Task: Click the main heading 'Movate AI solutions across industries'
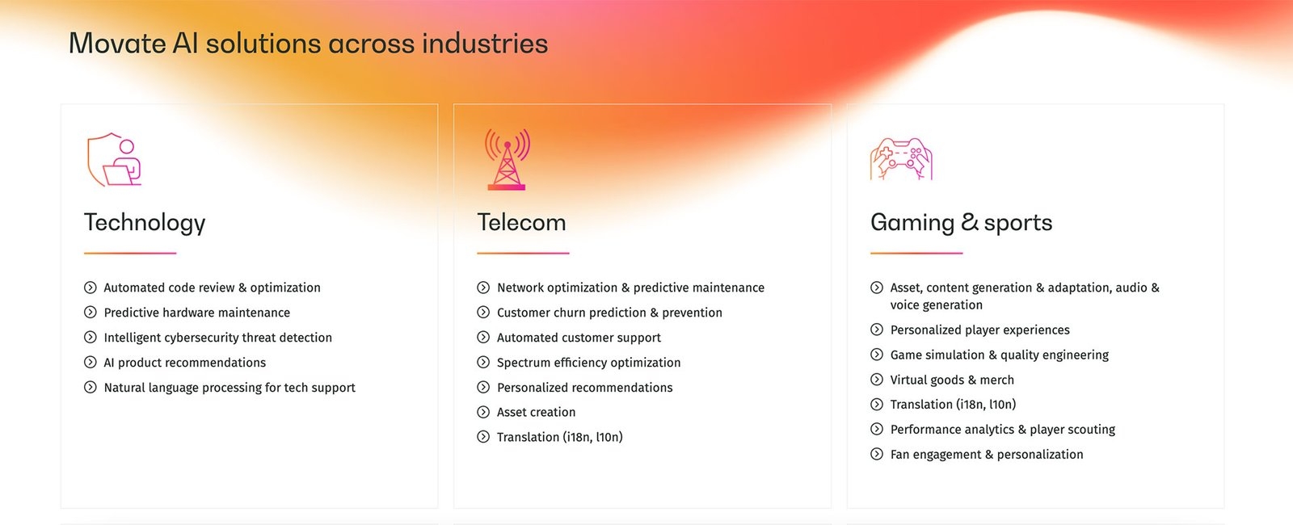[308, 44]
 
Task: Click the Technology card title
[145, 223]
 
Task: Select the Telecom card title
[521, 223]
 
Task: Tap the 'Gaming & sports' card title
[961, 223]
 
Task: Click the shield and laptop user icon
[114, 159]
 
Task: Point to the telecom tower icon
[507, 159]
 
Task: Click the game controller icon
[901, 159]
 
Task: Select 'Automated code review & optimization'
[212, 288]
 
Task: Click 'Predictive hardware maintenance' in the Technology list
[197, 312]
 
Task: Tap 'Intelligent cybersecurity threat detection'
[217, 338]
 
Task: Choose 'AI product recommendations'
[185, 363]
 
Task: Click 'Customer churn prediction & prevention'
[609, 312]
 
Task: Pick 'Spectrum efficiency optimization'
[589, 363]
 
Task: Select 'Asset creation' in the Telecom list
[537, 412]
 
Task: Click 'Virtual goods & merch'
[952, 380]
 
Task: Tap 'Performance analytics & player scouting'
[1003, 429]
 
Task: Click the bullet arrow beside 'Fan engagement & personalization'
[877, 454]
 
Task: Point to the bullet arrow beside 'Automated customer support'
[483, 337]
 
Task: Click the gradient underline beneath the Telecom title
[523, 253]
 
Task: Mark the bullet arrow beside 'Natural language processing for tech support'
[90, 387]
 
